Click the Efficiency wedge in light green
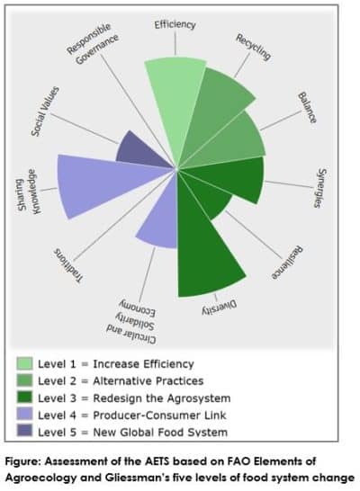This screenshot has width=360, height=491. pos(175,103)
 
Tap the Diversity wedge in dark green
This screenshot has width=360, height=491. pos(203,251)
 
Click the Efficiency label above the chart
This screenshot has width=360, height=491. pos(175,25)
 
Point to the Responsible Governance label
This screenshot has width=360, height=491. pos(93,43)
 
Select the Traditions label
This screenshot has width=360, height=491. pos(68,266)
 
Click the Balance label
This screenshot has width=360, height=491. pos(307,107)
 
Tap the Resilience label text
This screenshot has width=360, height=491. pos(287,263)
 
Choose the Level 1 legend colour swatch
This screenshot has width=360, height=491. pos(24,363)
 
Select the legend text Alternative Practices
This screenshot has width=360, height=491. pos(148,380)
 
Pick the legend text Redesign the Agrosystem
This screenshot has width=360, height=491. pos(162,398)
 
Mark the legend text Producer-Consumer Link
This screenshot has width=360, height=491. pos(159,415)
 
